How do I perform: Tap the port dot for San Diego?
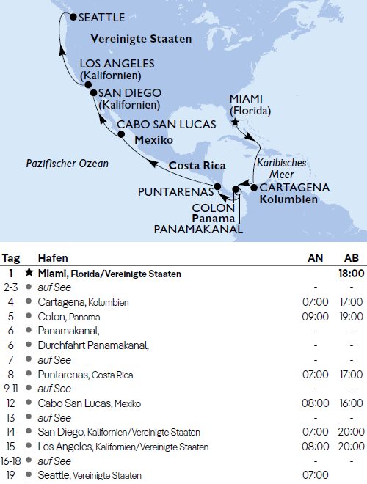click(x=93, y=92)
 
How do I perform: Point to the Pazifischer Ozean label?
click(x=67, y=164)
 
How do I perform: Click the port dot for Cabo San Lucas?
click(x=122, y=134)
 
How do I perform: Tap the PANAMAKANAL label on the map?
click(x=197, y=230)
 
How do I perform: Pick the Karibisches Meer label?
click(x=281, y=168)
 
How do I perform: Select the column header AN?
click(x=314, y=258)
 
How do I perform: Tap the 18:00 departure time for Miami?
click(x=348, y=274)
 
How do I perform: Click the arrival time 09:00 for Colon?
click(x=314, y=317)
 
